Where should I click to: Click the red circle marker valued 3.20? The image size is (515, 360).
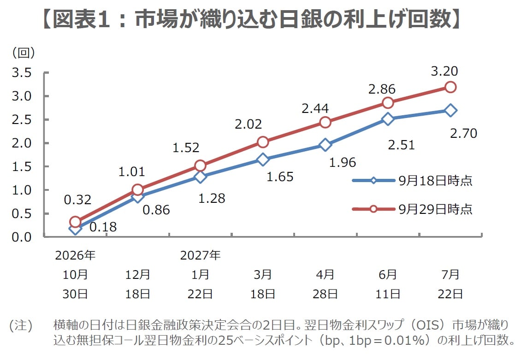(x=450, y=87)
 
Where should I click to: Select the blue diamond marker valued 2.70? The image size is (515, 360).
(x=450, y=110)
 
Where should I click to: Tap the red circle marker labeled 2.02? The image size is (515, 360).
(x=263, y=142)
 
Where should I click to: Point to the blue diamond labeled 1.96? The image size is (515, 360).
(x=325, y=145)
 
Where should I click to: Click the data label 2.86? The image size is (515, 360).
(x=382, y=89)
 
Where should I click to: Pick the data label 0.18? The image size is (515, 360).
(x=103, y=227)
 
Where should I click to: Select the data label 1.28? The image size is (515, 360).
(x=212, y=198)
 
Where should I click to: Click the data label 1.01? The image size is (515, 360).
(x=131, y=171)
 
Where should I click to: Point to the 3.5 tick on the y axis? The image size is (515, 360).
(x=22, y=72)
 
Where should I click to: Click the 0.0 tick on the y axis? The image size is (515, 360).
(x=22, y=237)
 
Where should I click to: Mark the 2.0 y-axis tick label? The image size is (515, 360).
(x=22, y=143)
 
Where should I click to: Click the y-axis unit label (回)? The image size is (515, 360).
(x=24, y=53)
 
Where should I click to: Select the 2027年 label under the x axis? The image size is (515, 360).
(x=200, y=255)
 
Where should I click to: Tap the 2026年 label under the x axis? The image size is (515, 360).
(x=75, y=255)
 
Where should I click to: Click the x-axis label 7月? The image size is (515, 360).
(x=450, y=274)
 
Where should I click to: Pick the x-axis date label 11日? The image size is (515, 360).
(x=388, y=294)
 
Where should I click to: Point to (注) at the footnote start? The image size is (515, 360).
(x=21, y=325)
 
